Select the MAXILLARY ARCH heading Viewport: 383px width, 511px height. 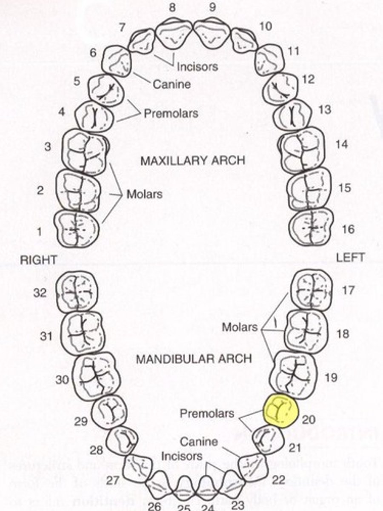pos(193,161)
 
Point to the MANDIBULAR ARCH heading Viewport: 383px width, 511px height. pos(194,359)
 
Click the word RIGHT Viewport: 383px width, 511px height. pos(38,260)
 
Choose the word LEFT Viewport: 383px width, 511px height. pos(350,257)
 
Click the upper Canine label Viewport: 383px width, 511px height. pos(171,84)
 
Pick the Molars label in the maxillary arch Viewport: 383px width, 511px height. pos(144,194)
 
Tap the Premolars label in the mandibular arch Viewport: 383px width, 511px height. pos(207,413)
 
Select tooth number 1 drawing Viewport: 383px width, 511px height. pos(76,229)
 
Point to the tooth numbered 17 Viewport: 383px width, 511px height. pos(311,290)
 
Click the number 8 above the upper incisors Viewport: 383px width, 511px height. pos(171,8)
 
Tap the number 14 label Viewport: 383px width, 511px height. pos(341,144)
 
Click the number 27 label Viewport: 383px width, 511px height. pos(112,480)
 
